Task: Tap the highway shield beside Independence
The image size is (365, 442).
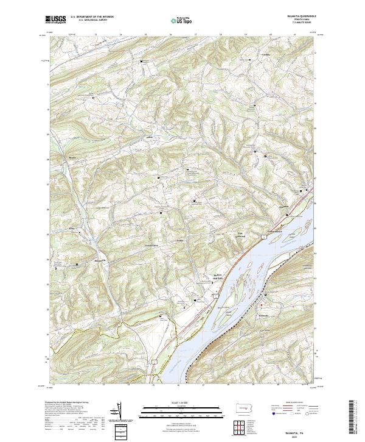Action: pyautogui.click(x=263, y=236)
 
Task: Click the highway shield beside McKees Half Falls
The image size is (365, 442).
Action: pyautogui.click(x=215, y=295)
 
